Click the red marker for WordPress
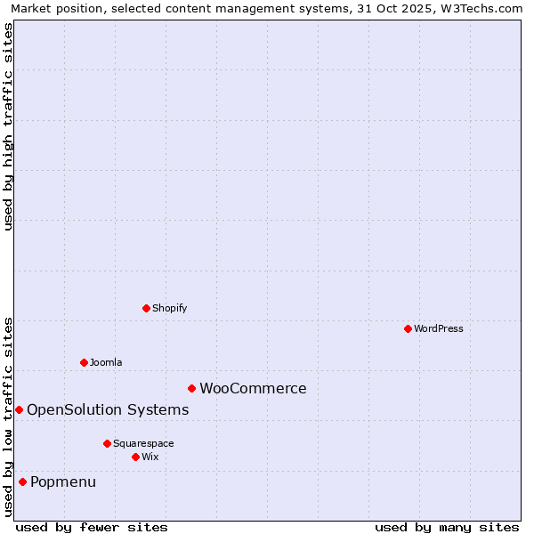[x=408, y=328]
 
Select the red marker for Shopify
[x=146, y=308]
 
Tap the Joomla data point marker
[x=84, y=362]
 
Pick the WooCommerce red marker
[x=191, y=388]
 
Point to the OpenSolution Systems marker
[x=19, y=409]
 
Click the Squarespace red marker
[x=107, y=443]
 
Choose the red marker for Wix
[x=135, y=457]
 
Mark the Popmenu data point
[x=22, y=481]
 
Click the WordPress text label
[x=439, y=328]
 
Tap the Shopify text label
[x=169, y=308]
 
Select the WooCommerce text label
[x=253, y=388]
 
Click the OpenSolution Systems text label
[x=108, y=409]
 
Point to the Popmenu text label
[x=63, y=481]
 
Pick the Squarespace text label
[x=143, y=443]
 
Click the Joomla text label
[x=106, y=362]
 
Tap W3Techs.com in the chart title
[x=486, y=8]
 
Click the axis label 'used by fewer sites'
[x=92, y=527]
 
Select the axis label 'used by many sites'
[x=447, y=527]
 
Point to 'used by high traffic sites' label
[x=8, y=126]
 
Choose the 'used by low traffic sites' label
[x=8, y=417]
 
